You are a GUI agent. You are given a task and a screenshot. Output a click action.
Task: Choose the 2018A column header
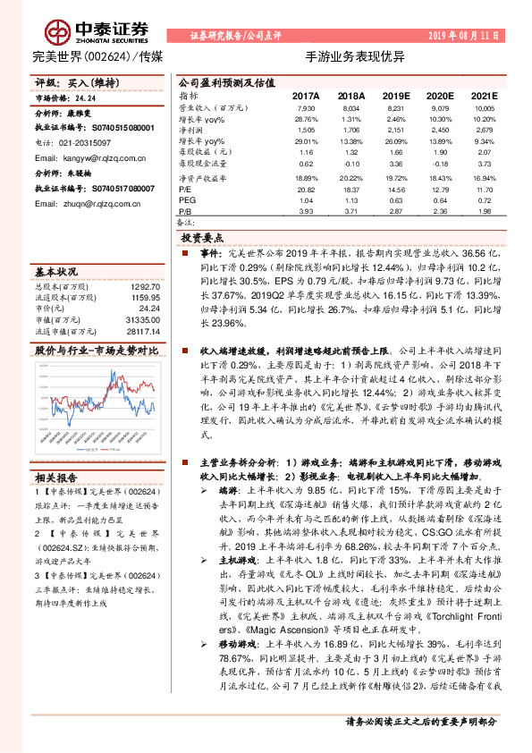click(x=351, y=95)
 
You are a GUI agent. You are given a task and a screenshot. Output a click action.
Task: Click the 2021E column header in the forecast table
click(x=484, y=95)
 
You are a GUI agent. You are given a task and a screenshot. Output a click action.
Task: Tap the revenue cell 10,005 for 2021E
click(x=484, y=107)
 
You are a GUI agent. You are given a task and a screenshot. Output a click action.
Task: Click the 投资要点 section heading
click(x=202, y=238)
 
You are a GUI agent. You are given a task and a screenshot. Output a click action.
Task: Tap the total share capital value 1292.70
click(x=148, y=285)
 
